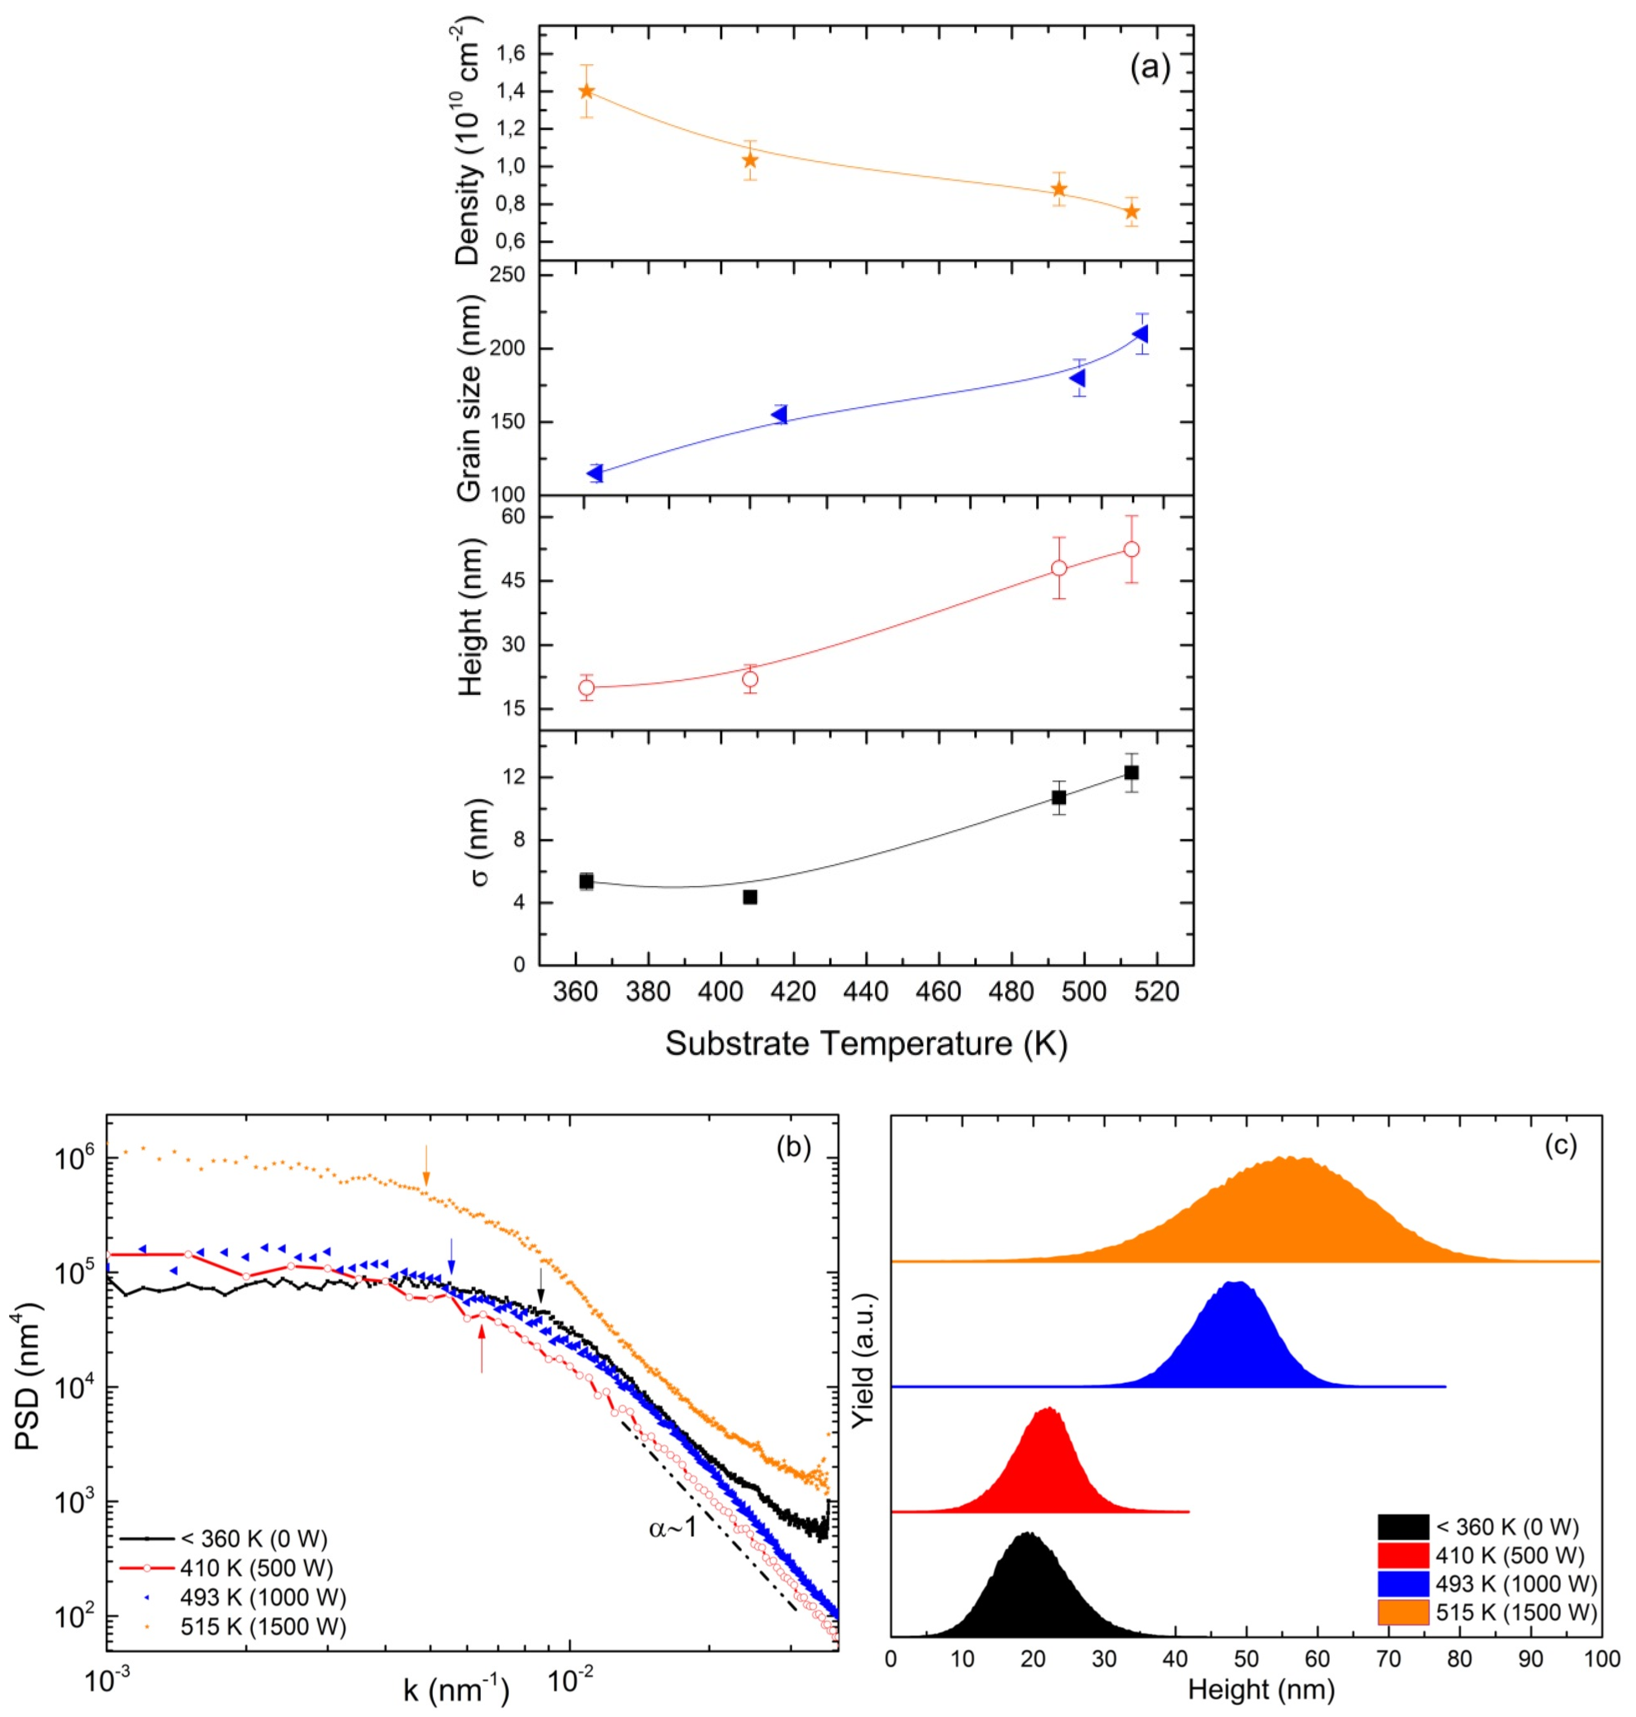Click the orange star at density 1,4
[x=586, y=92]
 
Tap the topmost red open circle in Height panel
[x=1131, y=549]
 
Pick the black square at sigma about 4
[x=749, y=897]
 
